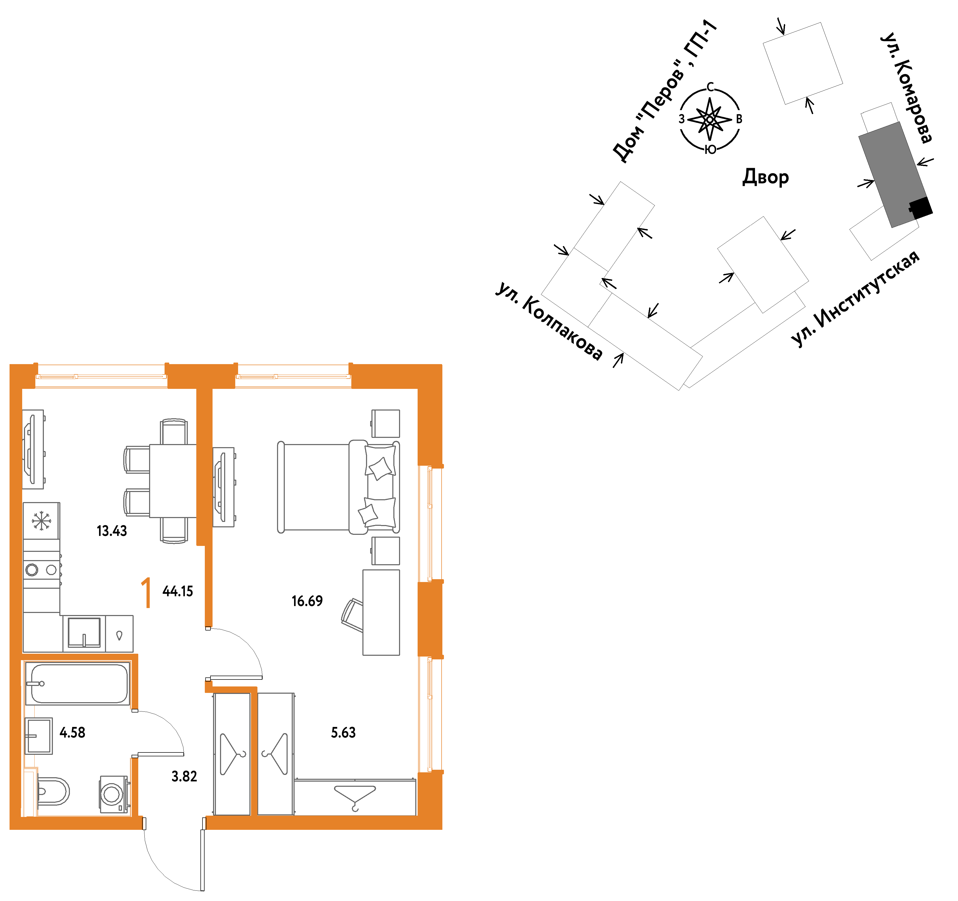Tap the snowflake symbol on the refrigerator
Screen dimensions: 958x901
42,521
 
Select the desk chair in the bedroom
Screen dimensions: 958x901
352,615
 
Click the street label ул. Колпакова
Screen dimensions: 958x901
549,321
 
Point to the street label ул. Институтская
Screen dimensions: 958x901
855,299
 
